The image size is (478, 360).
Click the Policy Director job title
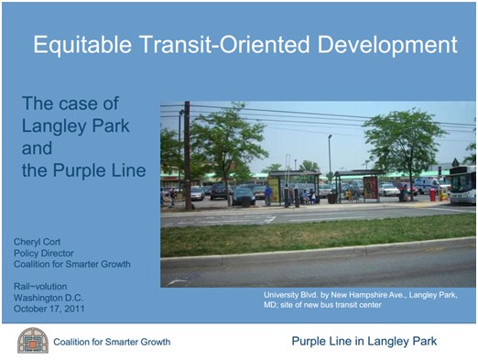[45, 253]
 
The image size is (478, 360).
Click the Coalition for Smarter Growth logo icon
[32, 341]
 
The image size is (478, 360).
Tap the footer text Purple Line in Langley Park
[364, 342]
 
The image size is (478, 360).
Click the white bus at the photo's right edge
[463, 184]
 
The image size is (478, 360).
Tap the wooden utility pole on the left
[187, 156]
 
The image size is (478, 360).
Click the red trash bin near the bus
[432, 195]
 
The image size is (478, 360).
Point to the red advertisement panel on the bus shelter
[371, 188]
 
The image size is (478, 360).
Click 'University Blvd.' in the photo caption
[292, 295]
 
